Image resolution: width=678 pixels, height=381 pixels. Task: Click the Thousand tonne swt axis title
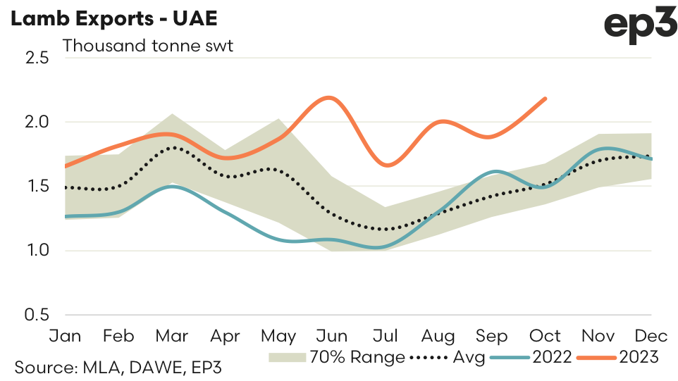pos(147,46)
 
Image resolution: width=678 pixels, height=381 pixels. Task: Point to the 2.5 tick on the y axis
pos(35,58)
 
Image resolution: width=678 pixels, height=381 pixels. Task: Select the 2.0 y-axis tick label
pos(35,122)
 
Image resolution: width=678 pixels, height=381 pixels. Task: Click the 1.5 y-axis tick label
pos(35,186)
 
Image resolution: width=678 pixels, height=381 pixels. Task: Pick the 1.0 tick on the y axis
pos(35,250)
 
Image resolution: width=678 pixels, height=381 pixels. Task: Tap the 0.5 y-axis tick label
pos(35,314)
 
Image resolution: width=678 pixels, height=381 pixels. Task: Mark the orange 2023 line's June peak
pos(330,97)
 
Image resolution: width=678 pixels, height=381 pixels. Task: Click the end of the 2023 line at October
pos(546,99)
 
